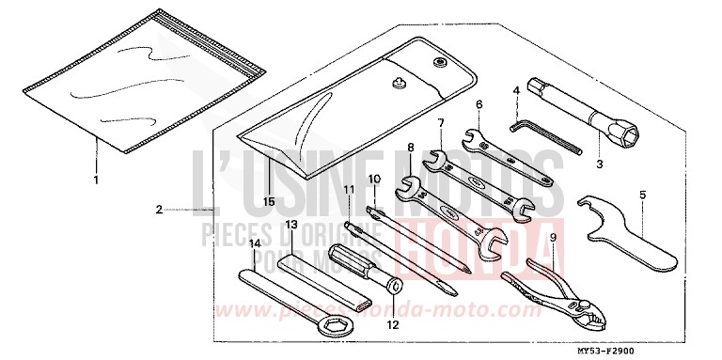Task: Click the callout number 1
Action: [x=95, y=178]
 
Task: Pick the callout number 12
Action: [x=392, y=324]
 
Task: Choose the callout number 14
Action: [x=254, y=243]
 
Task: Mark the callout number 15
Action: [x=268, y=201]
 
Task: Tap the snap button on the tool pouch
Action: [x=438, y=63]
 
